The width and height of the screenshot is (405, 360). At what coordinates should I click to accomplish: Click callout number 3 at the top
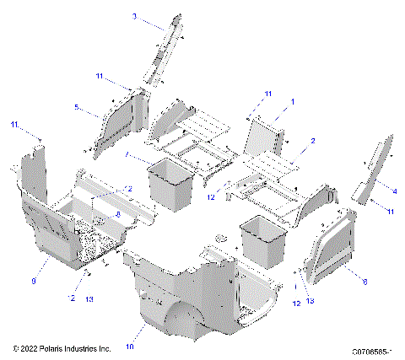[134, 16]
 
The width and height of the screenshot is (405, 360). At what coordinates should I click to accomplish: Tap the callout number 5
[76, 107]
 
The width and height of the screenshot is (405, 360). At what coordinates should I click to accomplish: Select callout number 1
[293, 101]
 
